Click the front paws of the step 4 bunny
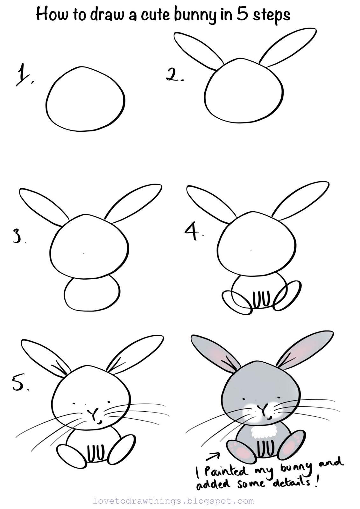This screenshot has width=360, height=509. (x=261, y=300)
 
